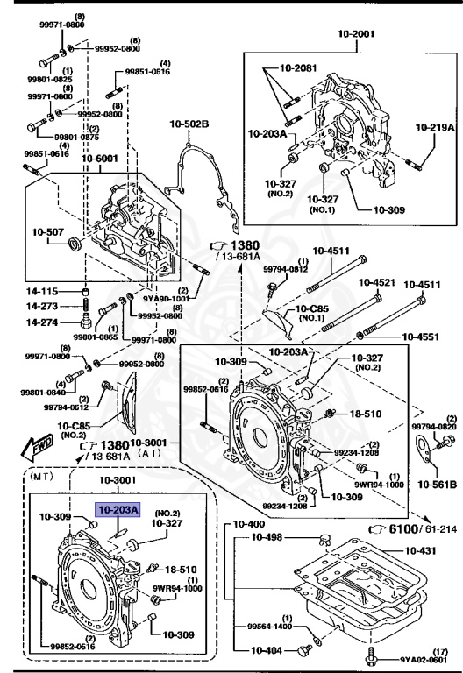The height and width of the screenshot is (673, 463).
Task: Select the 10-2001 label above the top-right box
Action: click(356, 34)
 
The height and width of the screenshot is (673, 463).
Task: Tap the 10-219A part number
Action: click(435, 127)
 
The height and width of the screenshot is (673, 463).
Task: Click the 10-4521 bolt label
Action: click(377, 283)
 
